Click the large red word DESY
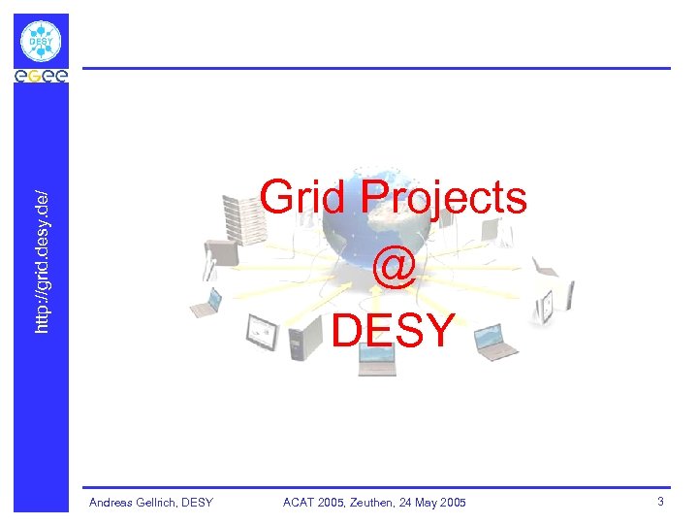(393, 330)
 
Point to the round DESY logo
(41, 41)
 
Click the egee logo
(41, 77)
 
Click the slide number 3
(660, 502)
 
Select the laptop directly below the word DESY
(376, 359)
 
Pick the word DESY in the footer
(198, 503)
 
